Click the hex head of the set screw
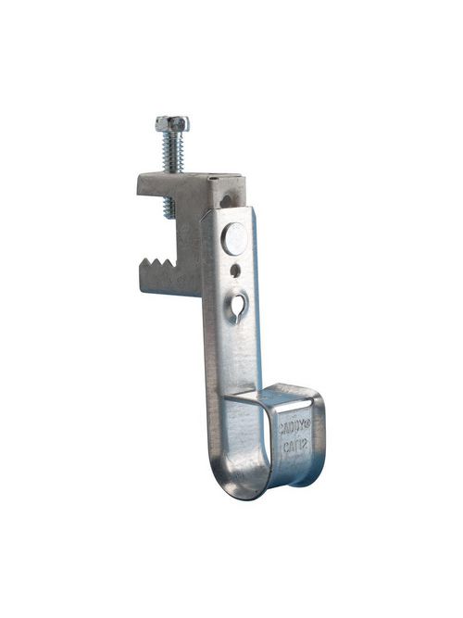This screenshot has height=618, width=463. (x=172, y=123)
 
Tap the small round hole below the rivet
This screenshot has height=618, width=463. (x=238, y=271)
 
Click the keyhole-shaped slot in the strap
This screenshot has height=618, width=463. (x=240, y=302)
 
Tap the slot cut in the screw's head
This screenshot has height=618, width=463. (x=172, y=120)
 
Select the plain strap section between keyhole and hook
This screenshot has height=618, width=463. (x=243, y=357)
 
